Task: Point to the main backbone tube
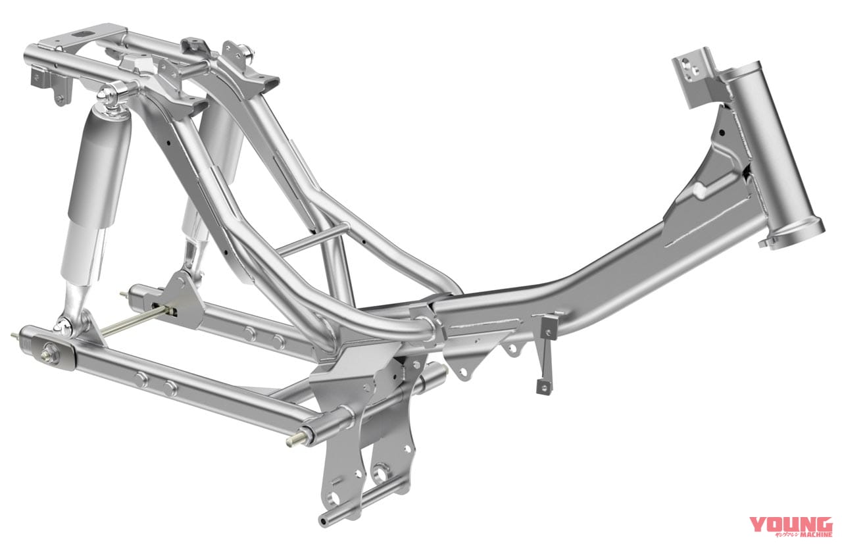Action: (592, 276)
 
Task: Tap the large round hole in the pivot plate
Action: (379, 474)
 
